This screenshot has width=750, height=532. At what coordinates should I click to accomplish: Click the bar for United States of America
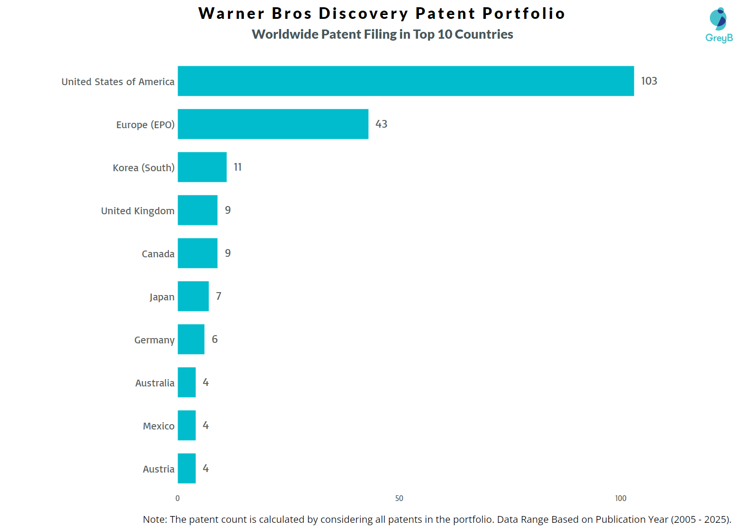(405, 81)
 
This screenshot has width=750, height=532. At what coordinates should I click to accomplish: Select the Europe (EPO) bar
(273, 124)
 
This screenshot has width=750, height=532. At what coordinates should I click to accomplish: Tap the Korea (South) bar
(202, 167)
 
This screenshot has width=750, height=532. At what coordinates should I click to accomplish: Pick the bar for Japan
(193, 296)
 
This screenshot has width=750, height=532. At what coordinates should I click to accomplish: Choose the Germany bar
(191, 339)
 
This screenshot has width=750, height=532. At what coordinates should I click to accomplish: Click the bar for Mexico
(186, 425)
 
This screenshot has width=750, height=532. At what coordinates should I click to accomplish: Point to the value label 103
(649, 81)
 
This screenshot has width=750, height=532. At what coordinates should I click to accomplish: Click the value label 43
(381, 124)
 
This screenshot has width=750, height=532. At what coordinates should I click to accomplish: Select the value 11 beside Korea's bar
(238, 167)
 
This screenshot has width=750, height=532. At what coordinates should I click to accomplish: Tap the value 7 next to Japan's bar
(219, 296)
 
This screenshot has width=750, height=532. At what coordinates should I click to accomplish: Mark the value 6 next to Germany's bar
(214, 339)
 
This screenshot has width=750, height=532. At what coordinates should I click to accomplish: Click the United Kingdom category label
(137, 211)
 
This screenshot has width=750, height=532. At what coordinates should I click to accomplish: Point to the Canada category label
(158, 254)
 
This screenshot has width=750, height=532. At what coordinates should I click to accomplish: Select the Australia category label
(154, 383)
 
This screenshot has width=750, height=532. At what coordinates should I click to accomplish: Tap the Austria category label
(158, 469)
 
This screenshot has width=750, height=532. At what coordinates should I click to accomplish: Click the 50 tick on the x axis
(399, 498)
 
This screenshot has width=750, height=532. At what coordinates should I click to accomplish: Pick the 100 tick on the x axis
(620, 498)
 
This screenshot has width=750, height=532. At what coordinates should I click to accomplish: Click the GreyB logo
(719, 25)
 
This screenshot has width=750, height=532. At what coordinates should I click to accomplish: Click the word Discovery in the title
(363, 14)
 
